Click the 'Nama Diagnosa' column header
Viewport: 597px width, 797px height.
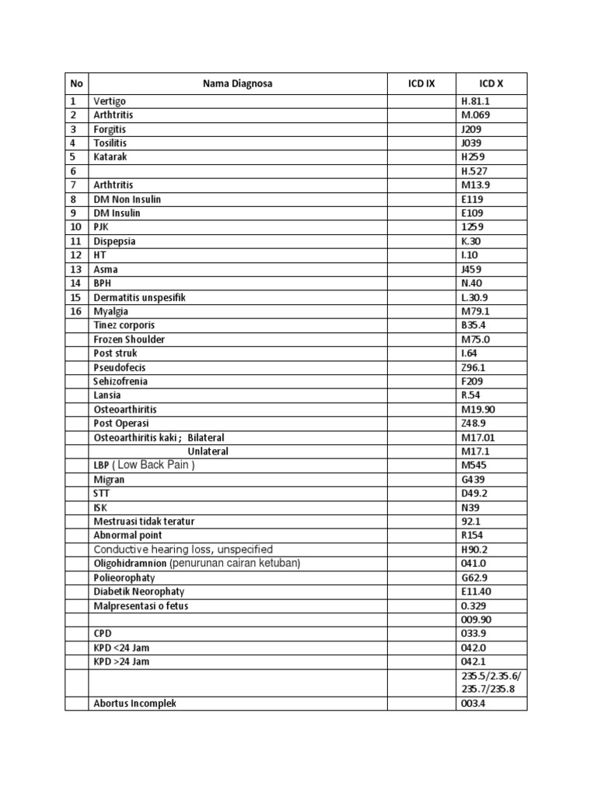point(239,83)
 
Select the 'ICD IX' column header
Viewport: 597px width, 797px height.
point(421,83)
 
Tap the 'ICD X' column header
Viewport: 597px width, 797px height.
point(491,83)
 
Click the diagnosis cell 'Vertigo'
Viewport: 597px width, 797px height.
point(110,101)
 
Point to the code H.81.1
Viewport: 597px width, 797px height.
point(475,101)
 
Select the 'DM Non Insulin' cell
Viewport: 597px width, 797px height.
point(127,199)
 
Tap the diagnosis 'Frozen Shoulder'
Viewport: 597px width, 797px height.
point(129,339)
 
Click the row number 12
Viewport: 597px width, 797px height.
point(75,255)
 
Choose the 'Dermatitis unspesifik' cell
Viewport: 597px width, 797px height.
point(139,297)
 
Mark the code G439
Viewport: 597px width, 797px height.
point(473,479)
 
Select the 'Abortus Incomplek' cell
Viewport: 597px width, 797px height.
point(134,704)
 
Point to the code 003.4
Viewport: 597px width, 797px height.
point(473,704)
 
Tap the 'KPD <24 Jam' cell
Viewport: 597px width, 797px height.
point(121,648)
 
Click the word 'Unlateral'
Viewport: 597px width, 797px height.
point(208,451)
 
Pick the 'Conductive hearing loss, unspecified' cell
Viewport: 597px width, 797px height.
point(183,549)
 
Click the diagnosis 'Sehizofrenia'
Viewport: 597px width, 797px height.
point(120,381)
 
